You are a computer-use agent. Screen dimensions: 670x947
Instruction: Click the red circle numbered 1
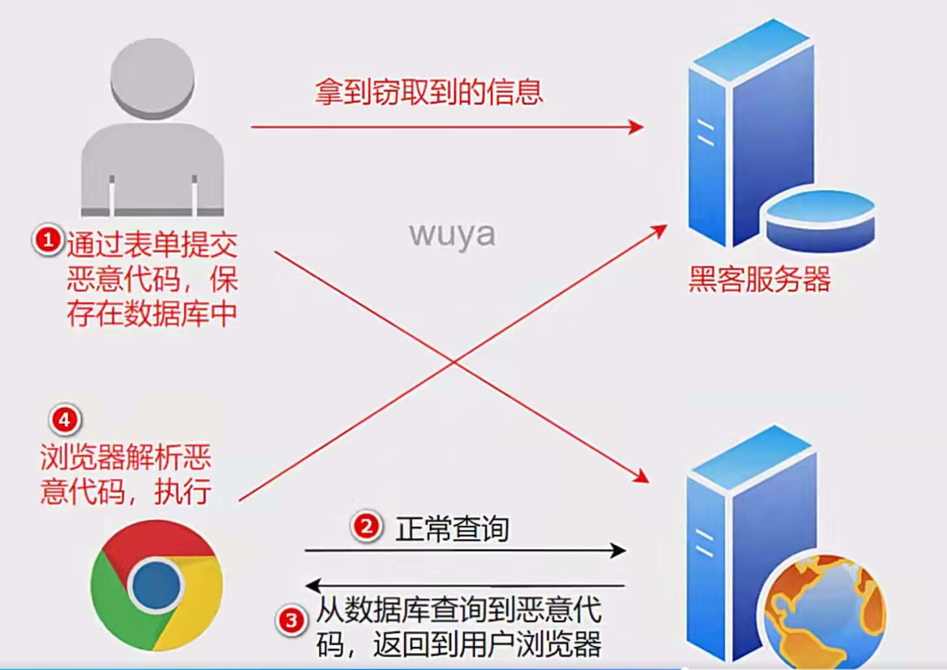[48, 240]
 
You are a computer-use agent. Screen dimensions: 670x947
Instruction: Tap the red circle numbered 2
[366, 526]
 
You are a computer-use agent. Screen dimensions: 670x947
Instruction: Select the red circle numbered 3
[291, 621]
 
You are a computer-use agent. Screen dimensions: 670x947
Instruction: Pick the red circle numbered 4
[65, 420]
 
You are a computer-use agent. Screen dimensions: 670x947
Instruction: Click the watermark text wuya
[452, 234]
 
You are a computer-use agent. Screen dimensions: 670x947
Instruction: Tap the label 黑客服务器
[759, 279]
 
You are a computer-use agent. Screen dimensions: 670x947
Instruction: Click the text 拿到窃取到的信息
[429, 92]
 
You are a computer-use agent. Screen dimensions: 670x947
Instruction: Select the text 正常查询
[452, 529]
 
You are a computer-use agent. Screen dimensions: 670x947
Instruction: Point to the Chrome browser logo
[156, 585]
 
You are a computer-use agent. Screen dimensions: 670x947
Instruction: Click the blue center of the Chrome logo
[156, 585]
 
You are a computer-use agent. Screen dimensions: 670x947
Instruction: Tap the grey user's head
[153, 77]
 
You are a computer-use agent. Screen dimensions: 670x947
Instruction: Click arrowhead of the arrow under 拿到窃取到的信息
[637, 127]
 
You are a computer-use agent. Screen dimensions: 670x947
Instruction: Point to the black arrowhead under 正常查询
[619, 550]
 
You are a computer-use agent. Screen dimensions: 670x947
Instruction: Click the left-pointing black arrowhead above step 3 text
[313, 586]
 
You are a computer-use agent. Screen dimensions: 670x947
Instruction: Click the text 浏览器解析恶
[125, 457]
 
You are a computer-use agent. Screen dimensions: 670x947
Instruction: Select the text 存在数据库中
[152, 314]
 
